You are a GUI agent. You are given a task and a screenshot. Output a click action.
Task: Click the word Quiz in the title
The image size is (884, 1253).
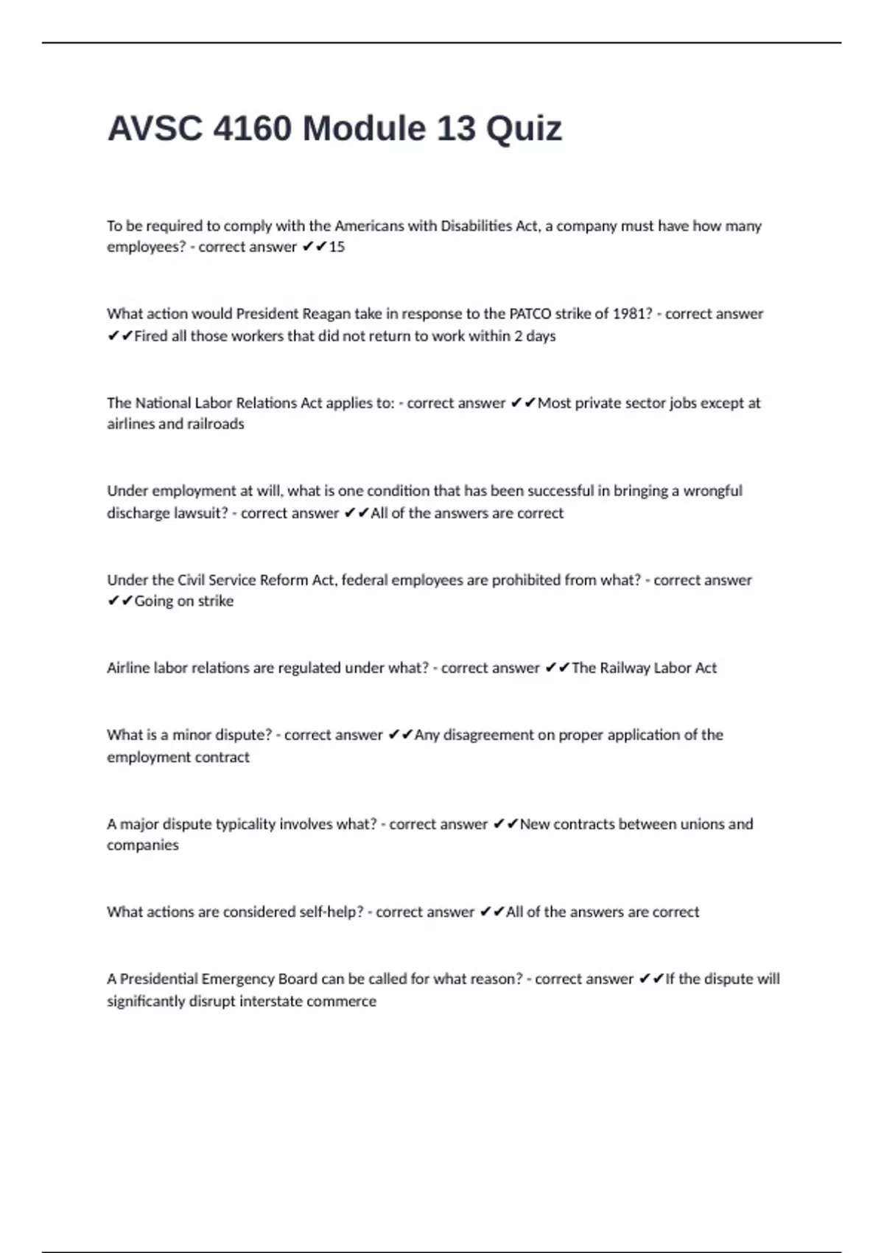[x=524, y=129]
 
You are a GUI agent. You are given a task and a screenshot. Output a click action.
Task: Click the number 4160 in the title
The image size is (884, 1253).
[x=251, y=129]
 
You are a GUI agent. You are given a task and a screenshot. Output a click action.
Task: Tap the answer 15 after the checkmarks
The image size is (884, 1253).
[x=337, y=247]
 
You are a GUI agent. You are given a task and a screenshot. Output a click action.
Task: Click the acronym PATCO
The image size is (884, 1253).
[x=530, y=313]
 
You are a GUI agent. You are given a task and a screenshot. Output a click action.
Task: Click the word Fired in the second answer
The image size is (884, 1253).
[x=151, y=336]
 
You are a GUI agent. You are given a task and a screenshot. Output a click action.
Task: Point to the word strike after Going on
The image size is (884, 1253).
[x=216, y=601]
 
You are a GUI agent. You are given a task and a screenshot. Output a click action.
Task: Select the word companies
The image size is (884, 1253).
[x=143, y=845]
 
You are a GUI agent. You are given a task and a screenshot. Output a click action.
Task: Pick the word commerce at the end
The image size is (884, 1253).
[x=343, y=1001]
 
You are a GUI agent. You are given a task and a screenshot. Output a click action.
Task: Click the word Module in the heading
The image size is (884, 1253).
[x=364, y=129]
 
